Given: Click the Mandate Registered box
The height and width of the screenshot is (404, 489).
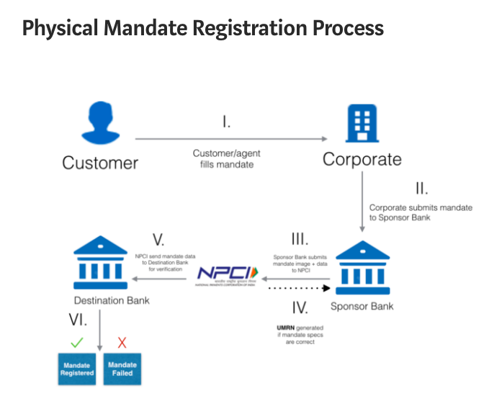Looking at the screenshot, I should tap(77, 369).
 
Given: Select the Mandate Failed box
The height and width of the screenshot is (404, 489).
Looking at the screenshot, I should tap(122, 369).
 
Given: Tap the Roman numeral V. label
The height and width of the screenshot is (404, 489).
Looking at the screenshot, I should tap(161, 238).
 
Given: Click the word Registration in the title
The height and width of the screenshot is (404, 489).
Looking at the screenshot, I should tap(238, 28).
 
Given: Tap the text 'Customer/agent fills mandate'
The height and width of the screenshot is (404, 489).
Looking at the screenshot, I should tap(225, 159).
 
